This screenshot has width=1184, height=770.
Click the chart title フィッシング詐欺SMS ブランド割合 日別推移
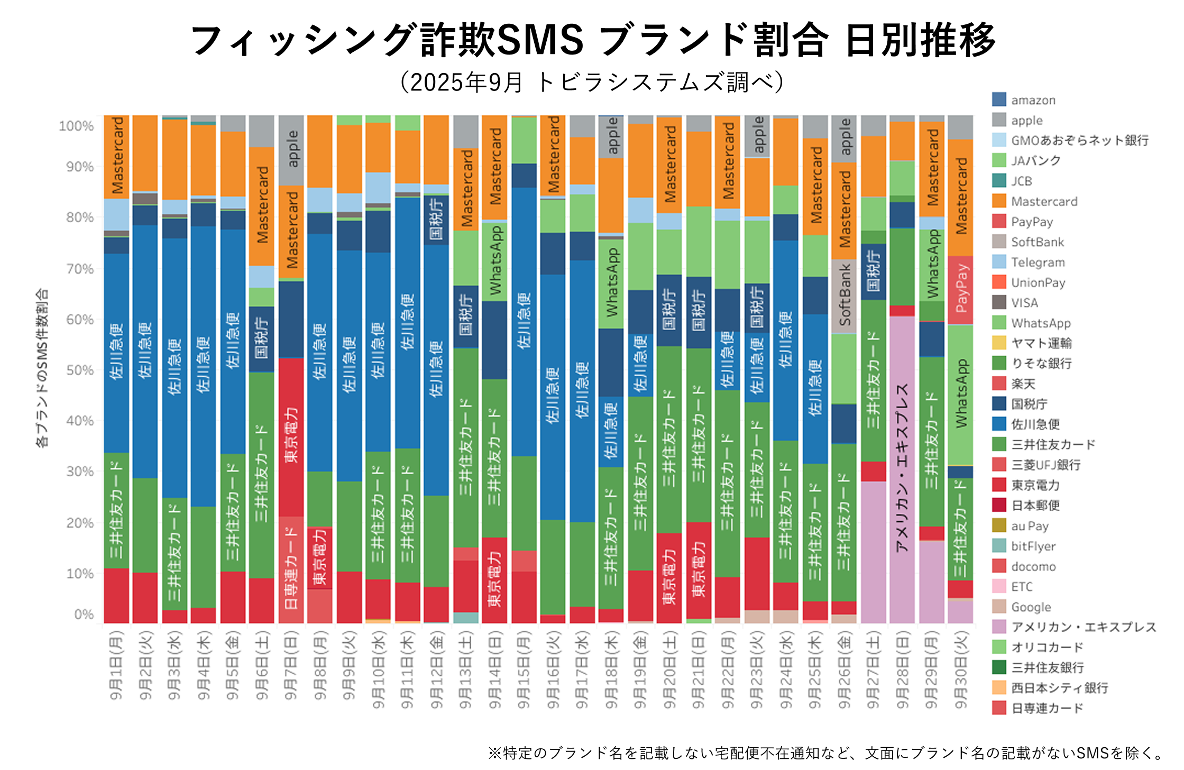592,40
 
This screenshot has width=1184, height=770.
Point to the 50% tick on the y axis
79,370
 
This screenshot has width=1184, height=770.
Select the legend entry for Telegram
1038,262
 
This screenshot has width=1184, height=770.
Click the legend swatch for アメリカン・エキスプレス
999,627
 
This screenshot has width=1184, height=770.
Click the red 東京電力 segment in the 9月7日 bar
291,437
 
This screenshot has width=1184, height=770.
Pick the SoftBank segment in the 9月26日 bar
844,296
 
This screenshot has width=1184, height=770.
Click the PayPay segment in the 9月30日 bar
960,290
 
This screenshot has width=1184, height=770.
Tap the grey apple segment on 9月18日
611,136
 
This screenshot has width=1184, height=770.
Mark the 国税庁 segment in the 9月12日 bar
436,219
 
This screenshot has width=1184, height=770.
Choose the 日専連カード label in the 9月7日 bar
291,569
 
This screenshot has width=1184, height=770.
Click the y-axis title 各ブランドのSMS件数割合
42,368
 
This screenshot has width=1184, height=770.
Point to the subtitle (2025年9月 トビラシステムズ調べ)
592,83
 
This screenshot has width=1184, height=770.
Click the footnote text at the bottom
825,753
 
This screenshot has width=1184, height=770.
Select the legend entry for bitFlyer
1033,546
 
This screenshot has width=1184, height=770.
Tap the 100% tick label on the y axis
76,126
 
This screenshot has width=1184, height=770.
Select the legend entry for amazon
1033,100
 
